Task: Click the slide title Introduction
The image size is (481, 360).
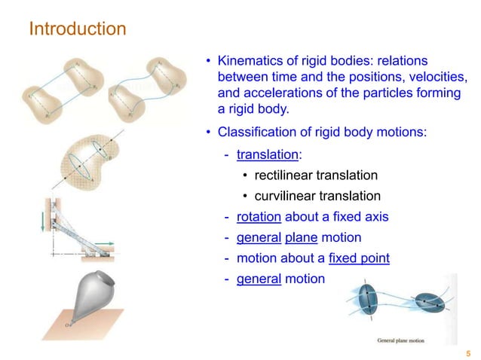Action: [77, 29]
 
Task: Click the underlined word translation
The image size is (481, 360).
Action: [268, 154]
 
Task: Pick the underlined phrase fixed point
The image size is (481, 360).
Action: [359, 258]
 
